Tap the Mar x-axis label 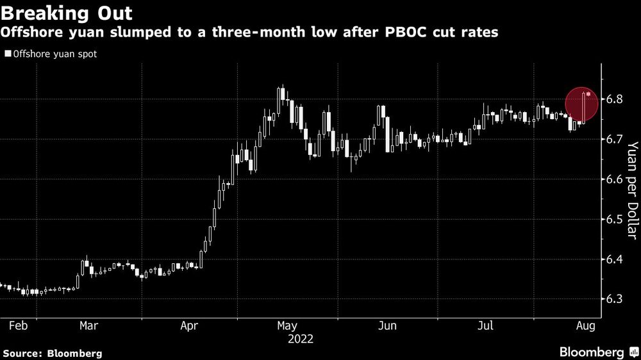(88, 326)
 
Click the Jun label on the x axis (388, 326)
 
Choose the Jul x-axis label (485, 326)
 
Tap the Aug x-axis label (586, 326)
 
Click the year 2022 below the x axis (300, 338)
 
